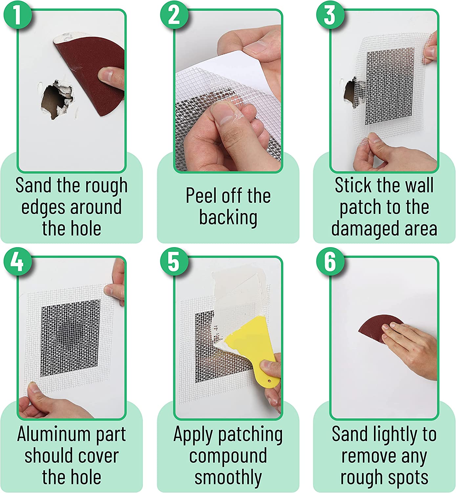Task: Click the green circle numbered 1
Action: point(18,15)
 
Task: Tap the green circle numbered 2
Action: point(174,15)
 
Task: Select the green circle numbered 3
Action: point(330,15)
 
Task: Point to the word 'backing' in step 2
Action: point(228,218)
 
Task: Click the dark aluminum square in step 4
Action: point(71,338)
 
